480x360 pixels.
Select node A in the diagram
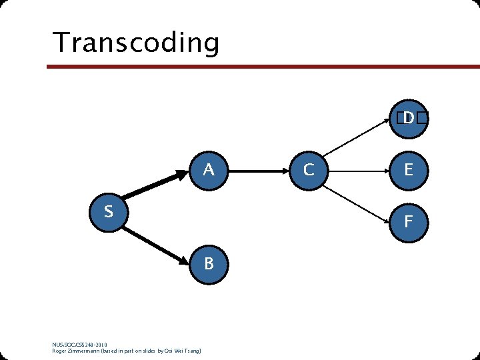pos(209,171)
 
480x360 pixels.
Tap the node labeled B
pos(209,264)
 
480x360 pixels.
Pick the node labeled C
pos(309,171)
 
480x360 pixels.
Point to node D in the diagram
pos(408,119)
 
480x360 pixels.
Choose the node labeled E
pos(408,171)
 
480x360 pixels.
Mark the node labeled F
pos(408,221)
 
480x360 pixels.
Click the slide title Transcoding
pos(136,43)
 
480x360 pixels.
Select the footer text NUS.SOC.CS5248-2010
pos(79,345)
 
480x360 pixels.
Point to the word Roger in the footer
pos(59,351)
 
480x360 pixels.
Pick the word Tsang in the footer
pos(193,351)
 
